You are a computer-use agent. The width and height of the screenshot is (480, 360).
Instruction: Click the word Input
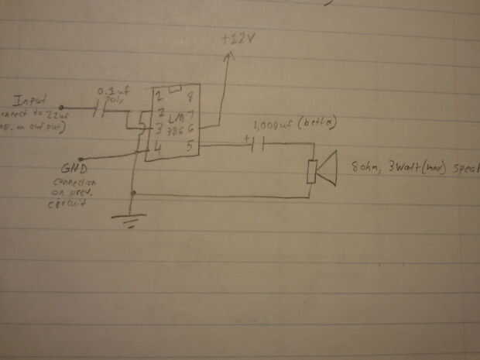click(32, 101)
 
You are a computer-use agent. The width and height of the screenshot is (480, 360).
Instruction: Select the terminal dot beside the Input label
click(62, 108)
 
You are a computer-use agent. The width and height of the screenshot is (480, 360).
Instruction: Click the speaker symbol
click(322, 171)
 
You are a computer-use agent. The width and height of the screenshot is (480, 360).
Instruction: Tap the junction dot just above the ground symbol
click(134, 192)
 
